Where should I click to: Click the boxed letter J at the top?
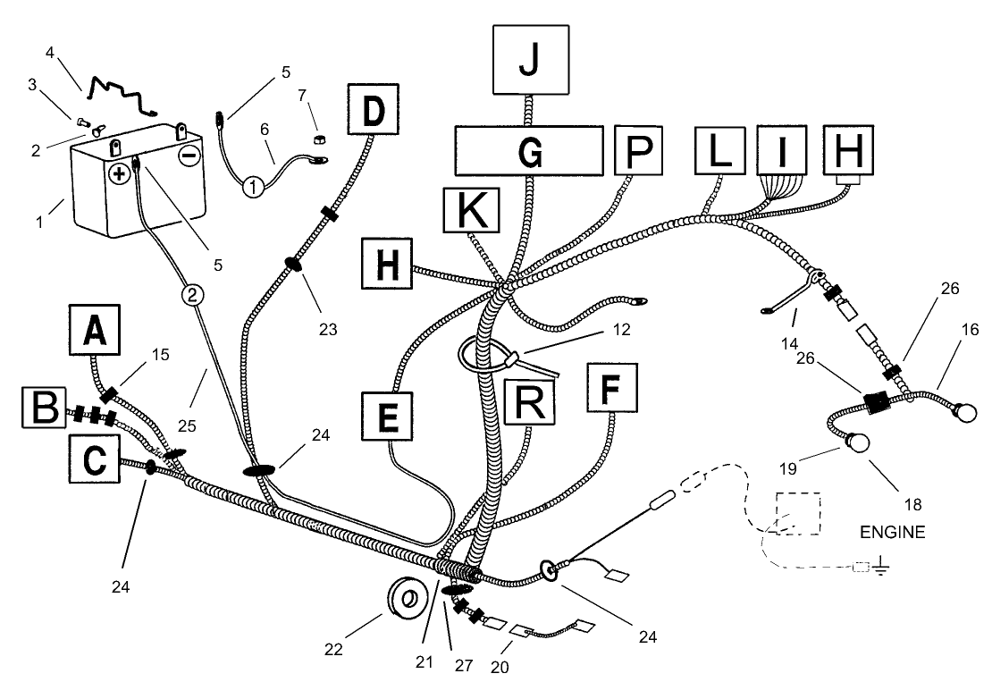[x=530, y=60]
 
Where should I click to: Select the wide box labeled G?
[x=530, y=150]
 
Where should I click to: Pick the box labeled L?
[x=721, y=149]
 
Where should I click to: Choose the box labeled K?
[x=469, y=215]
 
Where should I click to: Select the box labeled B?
[x=45, y=411]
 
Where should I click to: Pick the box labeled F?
[x=612, y=388]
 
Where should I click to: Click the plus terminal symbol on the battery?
[x=118, y=174]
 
